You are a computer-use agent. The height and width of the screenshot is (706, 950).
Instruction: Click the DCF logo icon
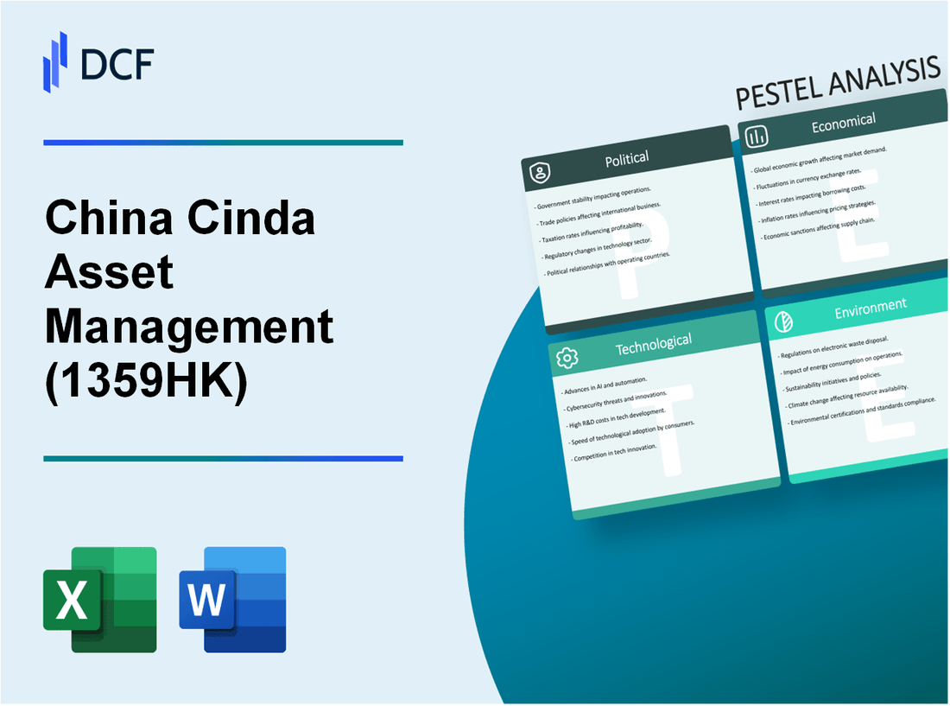[x=55, y=61]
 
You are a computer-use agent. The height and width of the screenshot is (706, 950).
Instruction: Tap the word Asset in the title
[x=110, y=273]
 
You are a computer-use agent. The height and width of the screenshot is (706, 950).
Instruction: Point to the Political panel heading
[x=628, y=159]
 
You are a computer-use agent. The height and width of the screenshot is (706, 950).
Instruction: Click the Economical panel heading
[x=843, y=123]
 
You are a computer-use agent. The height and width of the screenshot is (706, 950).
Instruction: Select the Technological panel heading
[x=653, y=343]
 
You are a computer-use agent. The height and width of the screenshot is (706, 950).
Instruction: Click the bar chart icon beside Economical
[x=757, y=137]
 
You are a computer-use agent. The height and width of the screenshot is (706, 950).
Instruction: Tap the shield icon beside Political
[x=540, y=174]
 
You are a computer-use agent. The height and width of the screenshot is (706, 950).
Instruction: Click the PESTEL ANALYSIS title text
[x=837, y=86]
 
